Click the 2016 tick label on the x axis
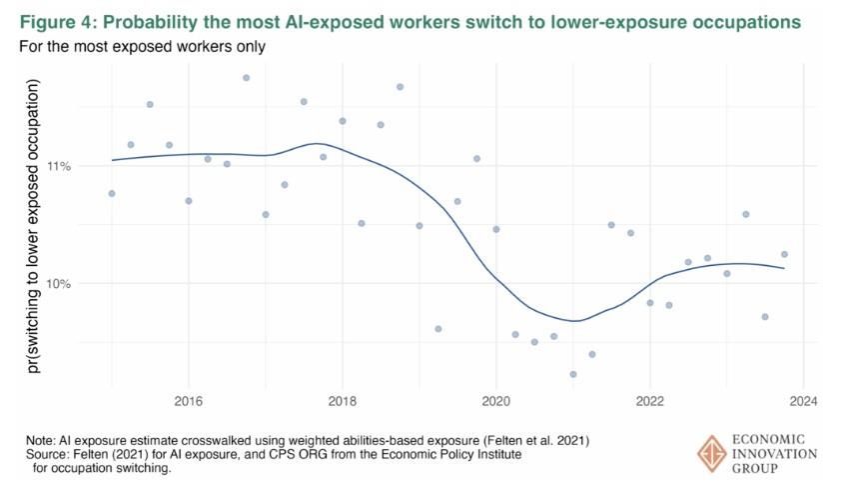pos(188,403)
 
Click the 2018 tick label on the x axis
pos(342,403)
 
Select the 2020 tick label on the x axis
pos(496,403)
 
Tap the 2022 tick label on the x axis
pos(650,403)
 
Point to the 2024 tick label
pos(804,403)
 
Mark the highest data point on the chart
pos(246,77)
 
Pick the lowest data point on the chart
pos(573,374)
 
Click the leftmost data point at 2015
pos(112,193)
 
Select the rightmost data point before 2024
pos(784,254)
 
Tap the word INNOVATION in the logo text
pos(775,454)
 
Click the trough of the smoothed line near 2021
pos(574,321)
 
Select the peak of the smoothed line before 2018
pos(317,143)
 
